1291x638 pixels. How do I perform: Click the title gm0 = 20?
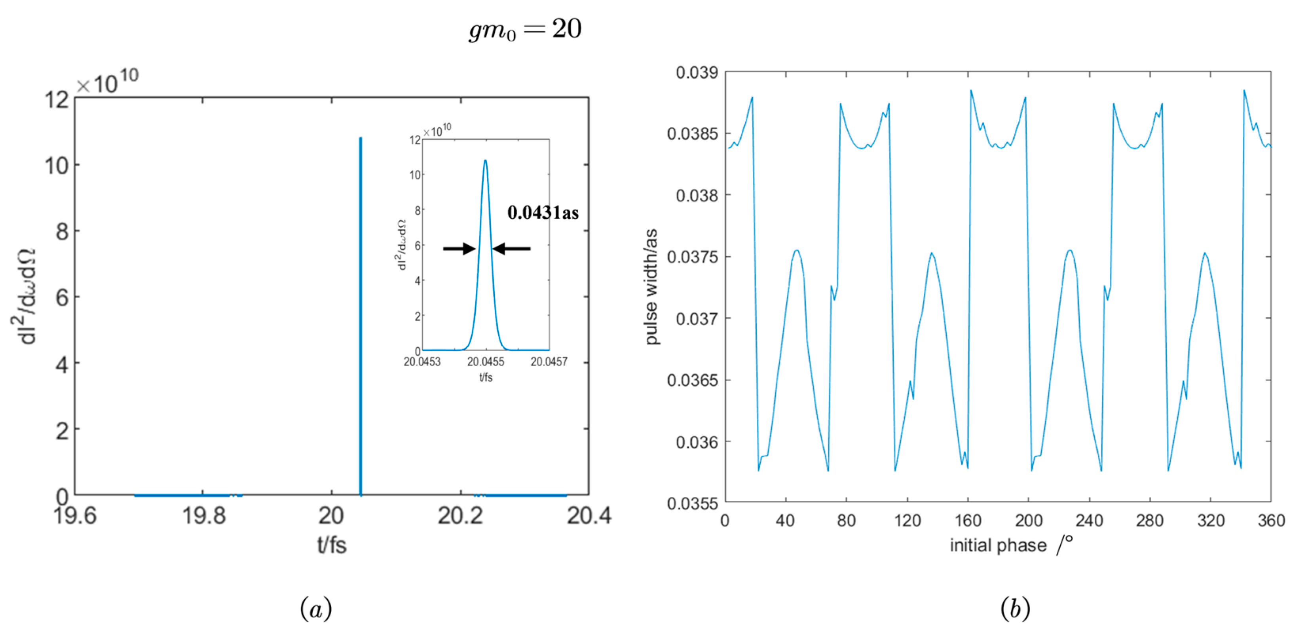click(x=525, y=29)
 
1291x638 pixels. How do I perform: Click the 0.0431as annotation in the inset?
click(x=543, y=213)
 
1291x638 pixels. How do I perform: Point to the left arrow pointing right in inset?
click(x=459, y=248)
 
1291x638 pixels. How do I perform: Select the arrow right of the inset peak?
click(x=512, y=248)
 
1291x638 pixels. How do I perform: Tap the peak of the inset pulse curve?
click(x=485, y=161)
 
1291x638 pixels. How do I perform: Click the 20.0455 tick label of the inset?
click(x=486, y=362)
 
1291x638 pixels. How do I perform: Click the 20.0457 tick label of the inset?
click(x=549, y=362)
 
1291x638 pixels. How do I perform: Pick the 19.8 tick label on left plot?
click(x=203, y=516)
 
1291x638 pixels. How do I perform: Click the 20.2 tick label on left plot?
click(x=460, y=516)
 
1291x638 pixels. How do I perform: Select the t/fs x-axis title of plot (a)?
click(x=332, y=545)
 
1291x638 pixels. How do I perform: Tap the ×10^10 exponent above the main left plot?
click(x=107, y=83)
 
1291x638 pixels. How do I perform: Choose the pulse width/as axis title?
click(x=651, y=287)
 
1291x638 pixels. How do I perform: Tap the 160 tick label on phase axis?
click(x=968, y=521)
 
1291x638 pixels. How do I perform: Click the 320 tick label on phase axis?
click(x=1210, y=521)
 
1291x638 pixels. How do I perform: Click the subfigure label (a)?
click(x=316, y=609)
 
